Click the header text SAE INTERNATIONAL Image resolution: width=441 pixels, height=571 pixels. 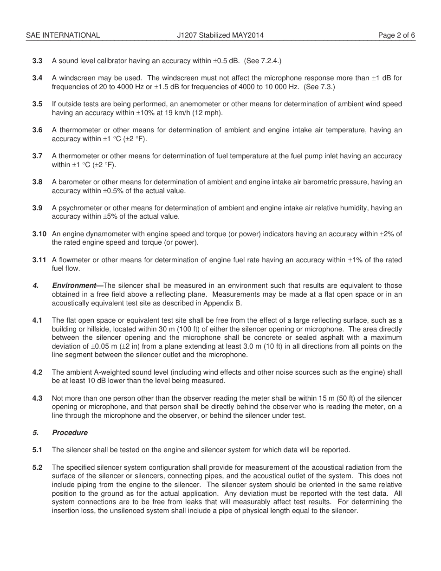pyautogui.click(x=63, y=35)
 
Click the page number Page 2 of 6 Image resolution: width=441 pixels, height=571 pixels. pyautogui.click(x=396, y=35)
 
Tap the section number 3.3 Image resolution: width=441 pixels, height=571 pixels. pyautogui.click(x=37, y=61)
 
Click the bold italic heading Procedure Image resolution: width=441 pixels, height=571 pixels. pyautogui.click(x=70, y=433)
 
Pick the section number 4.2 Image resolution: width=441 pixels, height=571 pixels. pyautogui.click(x=37, y=372)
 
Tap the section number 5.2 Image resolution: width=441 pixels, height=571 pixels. pyautogui.click(x=37, y=467)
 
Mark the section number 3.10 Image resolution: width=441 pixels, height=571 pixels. pyautogui.click(x=39, y=234)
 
